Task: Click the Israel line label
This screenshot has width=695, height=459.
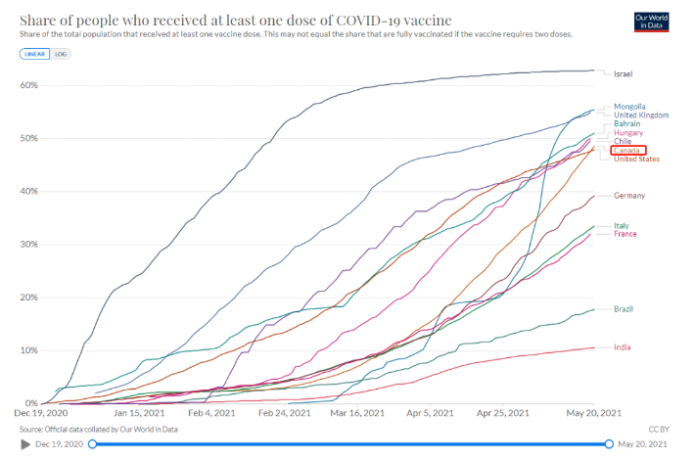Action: pyautogui.click(x=624, y=74)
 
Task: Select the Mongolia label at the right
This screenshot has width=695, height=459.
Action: pyautogui.click(x=630, y=107)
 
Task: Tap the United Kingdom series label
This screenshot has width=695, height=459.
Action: pyautogui.click(x=641, y=115)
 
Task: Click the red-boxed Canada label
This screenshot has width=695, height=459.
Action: pyautogui.click(x=625, y=151)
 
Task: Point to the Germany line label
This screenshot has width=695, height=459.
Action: pyautogui.click(x=628, y=196)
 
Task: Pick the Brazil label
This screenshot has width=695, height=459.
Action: pyautogui.click(x=624, y=309)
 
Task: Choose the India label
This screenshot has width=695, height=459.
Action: pyautogui.click(x=622, y=347)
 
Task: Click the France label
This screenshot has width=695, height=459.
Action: pyautogui.click(x=625, y=234)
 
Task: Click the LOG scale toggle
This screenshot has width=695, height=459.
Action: pyautogui.click(x=61, y=53)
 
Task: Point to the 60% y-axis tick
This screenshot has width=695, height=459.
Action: pyautogui.click(x=27, y=85)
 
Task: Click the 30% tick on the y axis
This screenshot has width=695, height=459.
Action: pyautogui.click(x=27, y=245)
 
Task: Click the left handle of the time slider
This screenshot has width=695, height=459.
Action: pyautogui.click(x=92, y=444)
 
